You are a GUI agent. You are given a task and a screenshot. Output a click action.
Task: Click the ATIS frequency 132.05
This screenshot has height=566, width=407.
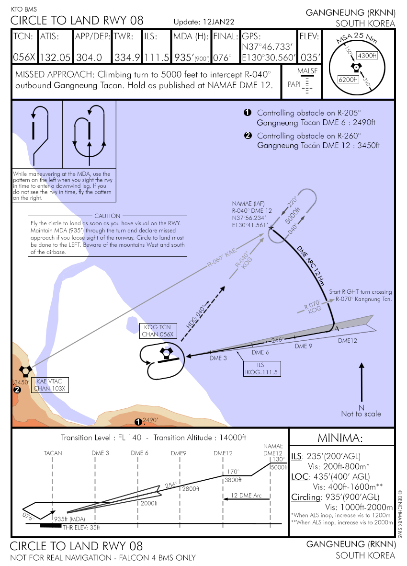pos(55,58)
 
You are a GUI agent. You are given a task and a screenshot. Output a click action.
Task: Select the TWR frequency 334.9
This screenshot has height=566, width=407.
pos(127,58)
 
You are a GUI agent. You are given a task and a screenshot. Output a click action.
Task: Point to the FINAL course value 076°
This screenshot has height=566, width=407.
pos(223,58)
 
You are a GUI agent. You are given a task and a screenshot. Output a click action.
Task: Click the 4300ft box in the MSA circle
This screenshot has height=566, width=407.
pos(367,55)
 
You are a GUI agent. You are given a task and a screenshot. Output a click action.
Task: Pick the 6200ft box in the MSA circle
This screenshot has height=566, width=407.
pos(348,80)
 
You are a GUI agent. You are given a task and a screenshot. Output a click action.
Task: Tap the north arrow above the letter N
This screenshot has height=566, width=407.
pos(362,381)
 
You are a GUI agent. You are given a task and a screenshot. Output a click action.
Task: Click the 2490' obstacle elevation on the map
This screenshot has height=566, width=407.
pos(150,420)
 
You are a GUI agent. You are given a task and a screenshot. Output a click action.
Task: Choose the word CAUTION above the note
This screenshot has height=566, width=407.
pos(108,216)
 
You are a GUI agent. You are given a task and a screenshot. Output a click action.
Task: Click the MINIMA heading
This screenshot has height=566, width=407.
pos(342,438)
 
